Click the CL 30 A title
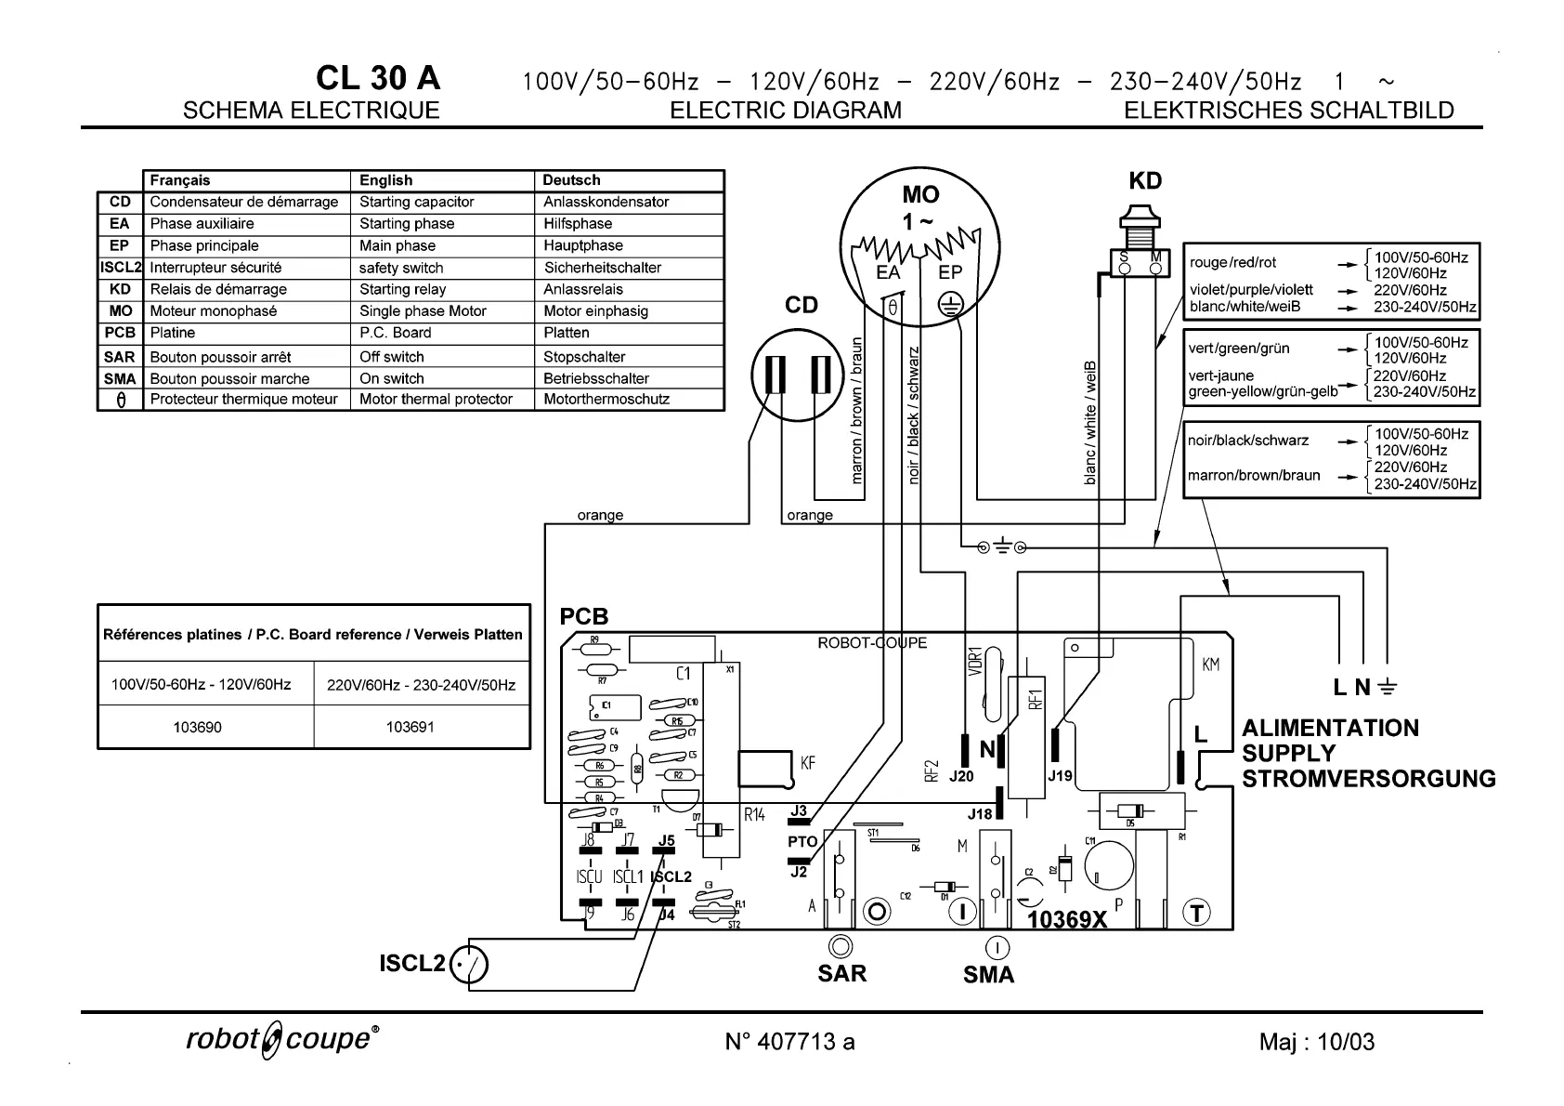click(378, 78)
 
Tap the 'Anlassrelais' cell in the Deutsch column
click(583, 289)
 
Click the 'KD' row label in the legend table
click(120, 289)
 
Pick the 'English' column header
click(385, 180)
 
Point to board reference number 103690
click(198, 727)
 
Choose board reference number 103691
click(410, 727)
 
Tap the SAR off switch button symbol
click(841, 946)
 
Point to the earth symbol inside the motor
click(949, 306)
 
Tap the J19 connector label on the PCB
click(1060, 774)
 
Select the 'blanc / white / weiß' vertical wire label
click(1090, 423)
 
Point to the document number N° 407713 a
click(789, 1042)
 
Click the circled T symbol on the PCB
click(1196, 913)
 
